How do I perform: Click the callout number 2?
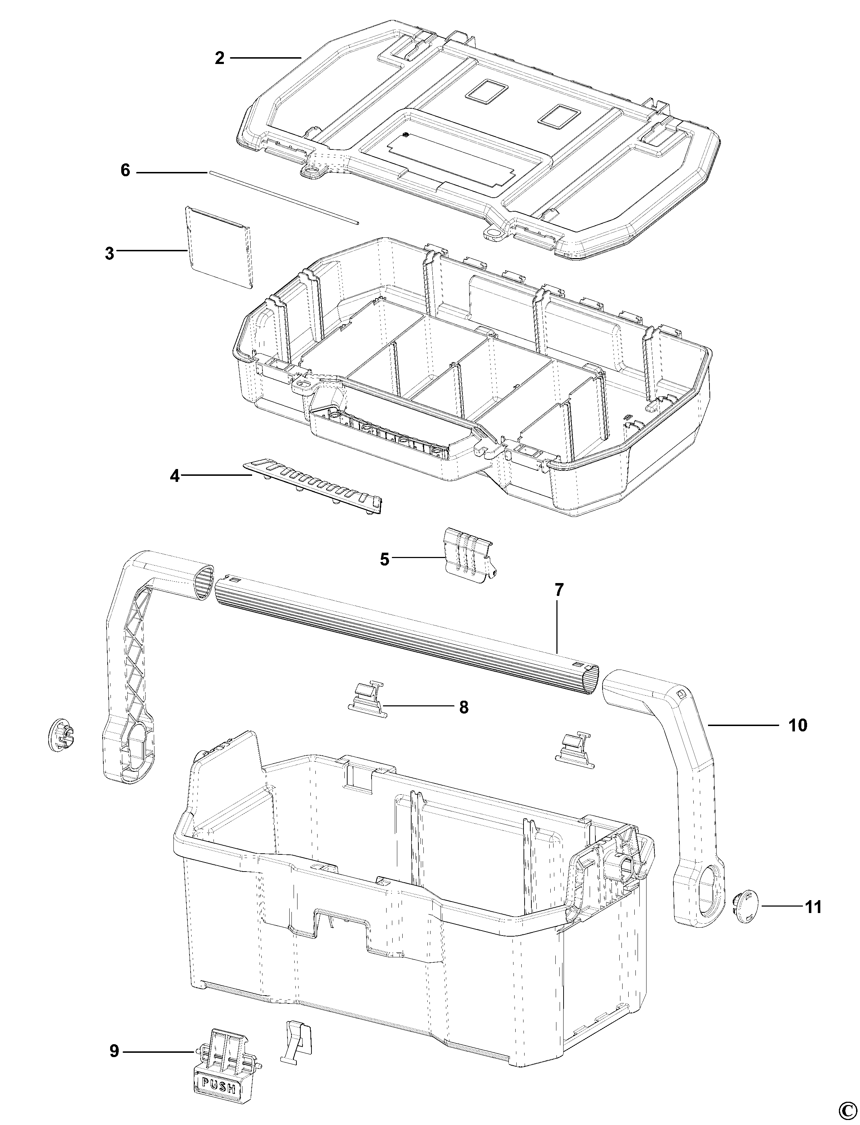coord(220,58)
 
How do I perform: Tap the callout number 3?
coord(109,253)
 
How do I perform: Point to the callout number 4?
coord(175,476)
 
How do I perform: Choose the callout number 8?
coord(463,707)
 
